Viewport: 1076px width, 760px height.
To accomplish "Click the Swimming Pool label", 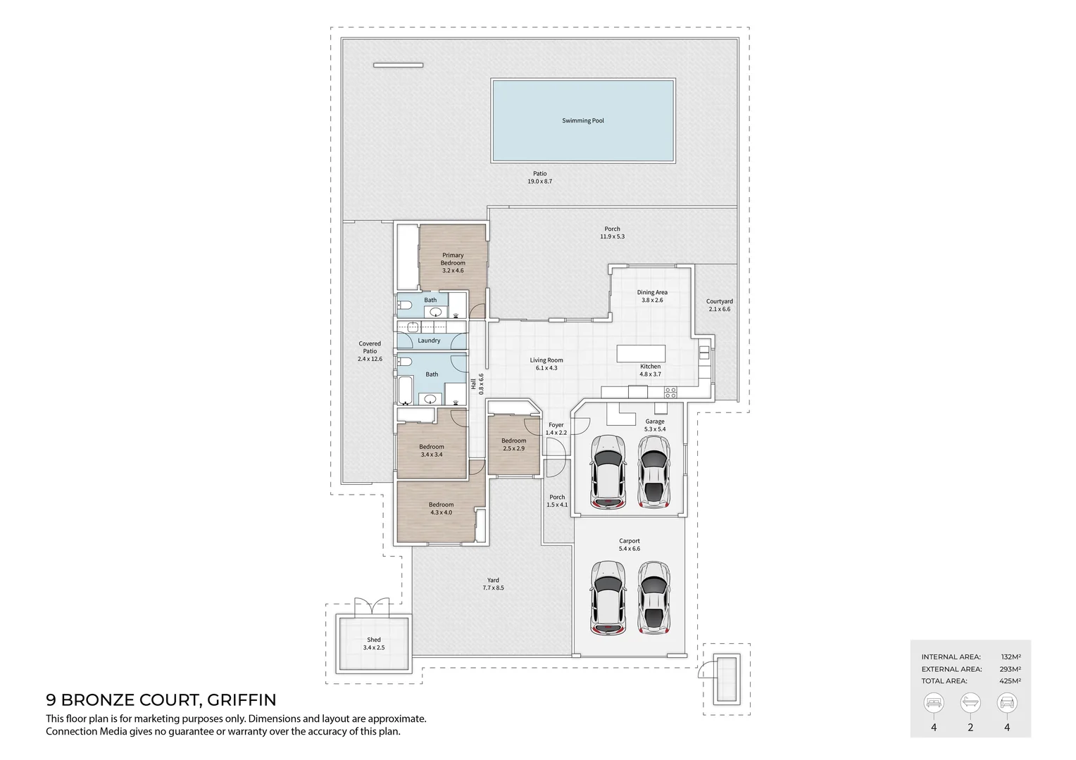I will pyautogui.click(x=582, y=121).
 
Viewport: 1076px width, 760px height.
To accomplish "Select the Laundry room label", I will pyautogui.click(x=429, y=341).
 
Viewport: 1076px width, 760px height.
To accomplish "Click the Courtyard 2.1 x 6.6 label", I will pyautogui.click(x=719, y=305).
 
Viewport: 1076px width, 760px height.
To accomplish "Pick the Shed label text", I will pyautogui.click(x=374, y=640).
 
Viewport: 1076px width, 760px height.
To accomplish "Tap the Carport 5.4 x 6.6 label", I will pyautogui.click(x=629, y=545).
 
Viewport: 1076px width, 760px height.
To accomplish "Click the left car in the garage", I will pyautogui.click(x=608, y=471).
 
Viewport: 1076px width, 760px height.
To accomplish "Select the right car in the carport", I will pyautogui.click(x=654, y=597).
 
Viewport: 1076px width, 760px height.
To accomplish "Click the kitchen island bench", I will pyautogui.click(x=641, y=353).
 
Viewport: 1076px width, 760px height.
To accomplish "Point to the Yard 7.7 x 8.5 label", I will pyautogui.click(x=493, y=584).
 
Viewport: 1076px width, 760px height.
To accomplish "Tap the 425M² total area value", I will pyautogui.click(x=1011, y=681).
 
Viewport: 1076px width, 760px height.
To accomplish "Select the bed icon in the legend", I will pyautogui.click(x=934, y=702).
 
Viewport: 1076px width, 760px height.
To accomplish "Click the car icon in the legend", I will pyautogui.click(x=1006, y=702).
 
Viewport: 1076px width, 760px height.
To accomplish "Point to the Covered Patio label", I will pyautogui.click(x=370, y=351).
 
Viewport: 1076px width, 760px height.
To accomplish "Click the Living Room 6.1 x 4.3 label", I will pyautogui.click(x=546, y=364).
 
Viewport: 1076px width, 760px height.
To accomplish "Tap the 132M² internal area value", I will pyautogui.click(x=1011, y=657).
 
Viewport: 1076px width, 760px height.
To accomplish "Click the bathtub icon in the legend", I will pyautogui.click(x=970, y=702).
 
